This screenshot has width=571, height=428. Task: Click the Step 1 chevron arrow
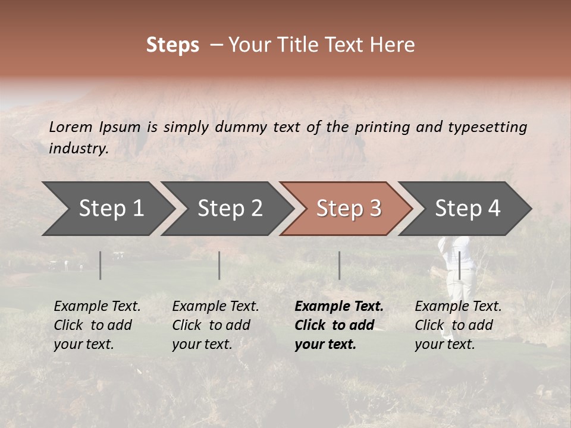[x=111, y=209]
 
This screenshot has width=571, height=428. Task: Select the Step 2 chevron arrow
[x=230, y=209]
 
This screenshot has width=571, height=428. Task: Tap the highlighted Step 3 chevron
[x=349, y=209]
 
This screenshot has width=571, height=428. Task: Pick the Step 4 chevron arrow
[x=468, y=209]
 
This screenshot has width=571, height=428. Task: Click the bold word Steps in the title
[x=172, y=45]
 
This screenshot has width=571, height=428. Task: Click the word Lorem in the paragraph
[x=71, y=127]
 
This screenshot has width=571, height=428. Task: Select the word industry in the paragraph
[x=78, y=149]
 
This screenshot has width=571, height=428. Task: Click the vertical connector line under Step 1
[x=101, y=265]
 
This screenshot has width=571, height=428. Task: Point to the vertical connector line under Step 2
[x=219, y=265]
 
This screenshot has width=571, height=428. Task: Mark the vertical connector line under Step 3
[x=340, y=265]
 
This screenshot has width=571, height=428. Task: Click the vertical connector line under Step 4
[x=459, y=265]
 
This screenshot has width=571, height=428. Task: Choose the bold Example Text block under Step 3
[x=338, y=325]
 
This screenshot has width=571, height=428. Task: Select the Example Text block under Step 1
[x=96, y=325]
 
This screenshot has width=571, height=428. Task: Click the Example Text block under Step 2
[x=215, y=325]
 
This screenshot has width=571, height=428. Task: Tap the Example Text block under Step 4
[x=457, y=325]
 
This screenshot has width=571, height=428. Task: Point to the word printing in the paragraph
[x=381, y=127]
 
